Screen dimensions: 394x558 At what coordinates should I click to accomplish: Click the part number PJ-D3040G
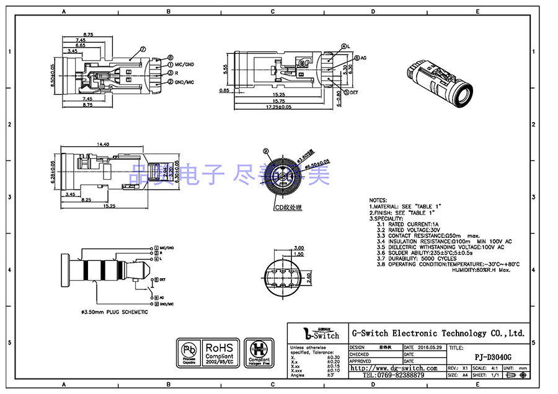click(x=493, y=357)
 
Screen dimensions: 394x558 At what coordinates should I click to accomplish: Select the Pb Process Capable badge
click(x=188, y=352)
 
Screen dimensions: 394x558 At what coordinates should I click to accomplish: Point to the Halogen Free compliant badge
click(x=259, y=352)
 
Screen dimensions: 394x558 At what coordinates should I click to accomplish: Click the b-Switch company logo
click(x=318, y=334)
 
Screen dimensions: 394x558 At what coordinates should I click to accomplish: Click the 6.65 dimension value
click(x=81, y=46)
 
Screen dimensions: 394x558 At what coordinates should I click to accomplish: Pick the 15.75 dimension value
click(x=278, y=101)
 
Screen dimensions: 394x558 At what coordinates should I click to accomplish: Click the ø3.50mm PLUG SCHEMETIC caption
click(x=115, y=312)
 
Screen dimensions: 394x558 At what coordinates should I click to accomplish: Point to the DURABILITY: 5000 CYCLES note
click(x=416, y=259)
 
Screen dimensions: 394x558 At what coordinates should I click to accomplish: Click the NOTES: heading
click(x=378, y=201)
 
